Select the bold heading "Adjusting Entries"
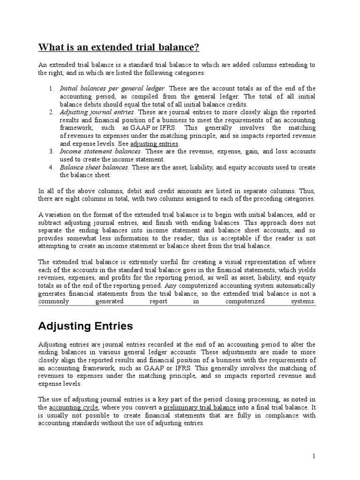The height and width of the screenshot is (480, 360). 85,326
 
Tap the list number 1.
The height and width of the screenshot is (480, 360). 51,88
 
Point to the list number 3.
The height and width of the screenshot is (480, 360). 51,151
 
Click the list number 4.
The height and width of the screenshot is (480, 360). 51,167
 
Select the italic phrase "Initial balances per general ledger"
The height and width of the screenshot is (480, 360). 112,88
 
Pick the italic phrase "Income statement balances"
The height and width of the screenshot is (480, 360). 100,151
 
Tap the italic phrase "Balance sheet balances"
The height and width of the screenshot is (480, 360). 96,167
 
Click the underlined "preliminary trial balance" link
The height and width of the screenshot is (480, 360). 200,408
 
